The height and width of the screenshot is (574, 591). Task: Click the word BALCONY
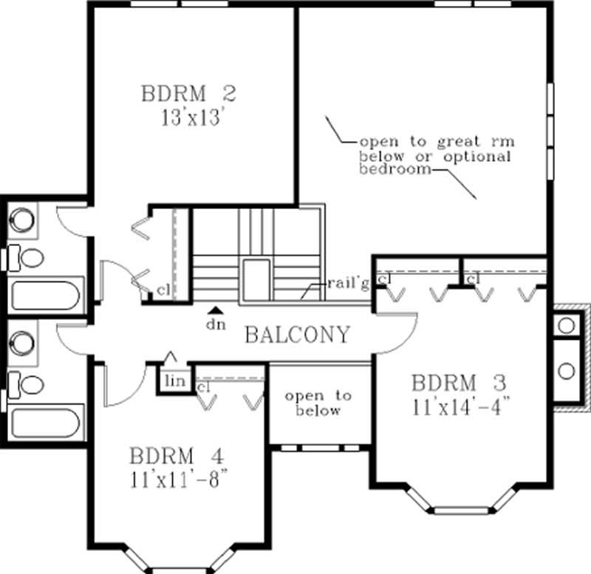click(296, 335)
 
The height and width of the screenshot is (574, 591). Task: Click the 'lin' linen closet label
click(174, 380)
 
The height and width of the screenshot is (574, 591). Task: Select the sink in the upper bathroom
click(23, 219)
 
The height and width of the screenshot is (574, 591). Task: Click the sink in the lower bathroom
click(23, 344)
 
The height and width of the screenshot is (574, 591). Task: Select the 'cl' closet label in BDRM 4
click(205, 386)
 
